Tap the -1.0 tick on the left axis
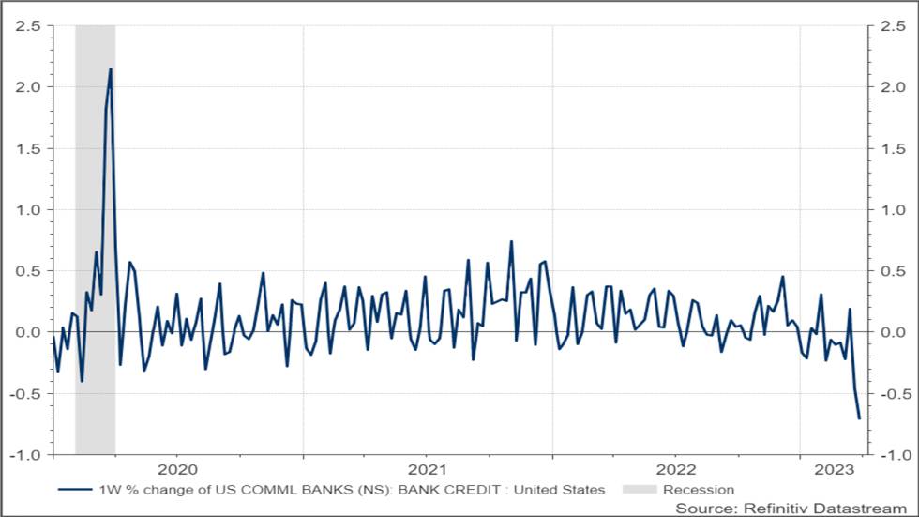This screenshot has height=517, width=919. tap(24, 455)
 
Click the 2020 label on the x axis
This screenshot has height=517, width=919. tap(177, 469)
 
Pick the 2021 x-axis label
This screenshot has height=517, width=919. tap(428, 469)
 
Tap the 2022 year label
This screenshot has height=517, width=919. tap(676, 469)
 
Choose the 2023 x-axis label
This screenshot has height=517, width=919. tap(834, 469)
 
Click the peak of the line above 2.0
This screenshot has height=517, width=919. tap(111, 68)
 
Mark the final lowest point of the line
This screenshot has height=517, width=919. tap(859, 418)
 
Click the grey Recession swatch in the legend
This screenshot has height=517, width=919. tap(640, 490)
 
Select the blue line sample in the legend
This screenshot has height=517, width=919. tap(75, 490)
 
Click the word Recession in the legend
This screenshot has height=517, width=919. tap(699, 490)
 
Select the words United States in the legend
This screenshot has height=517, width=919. tap(559, 490)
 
